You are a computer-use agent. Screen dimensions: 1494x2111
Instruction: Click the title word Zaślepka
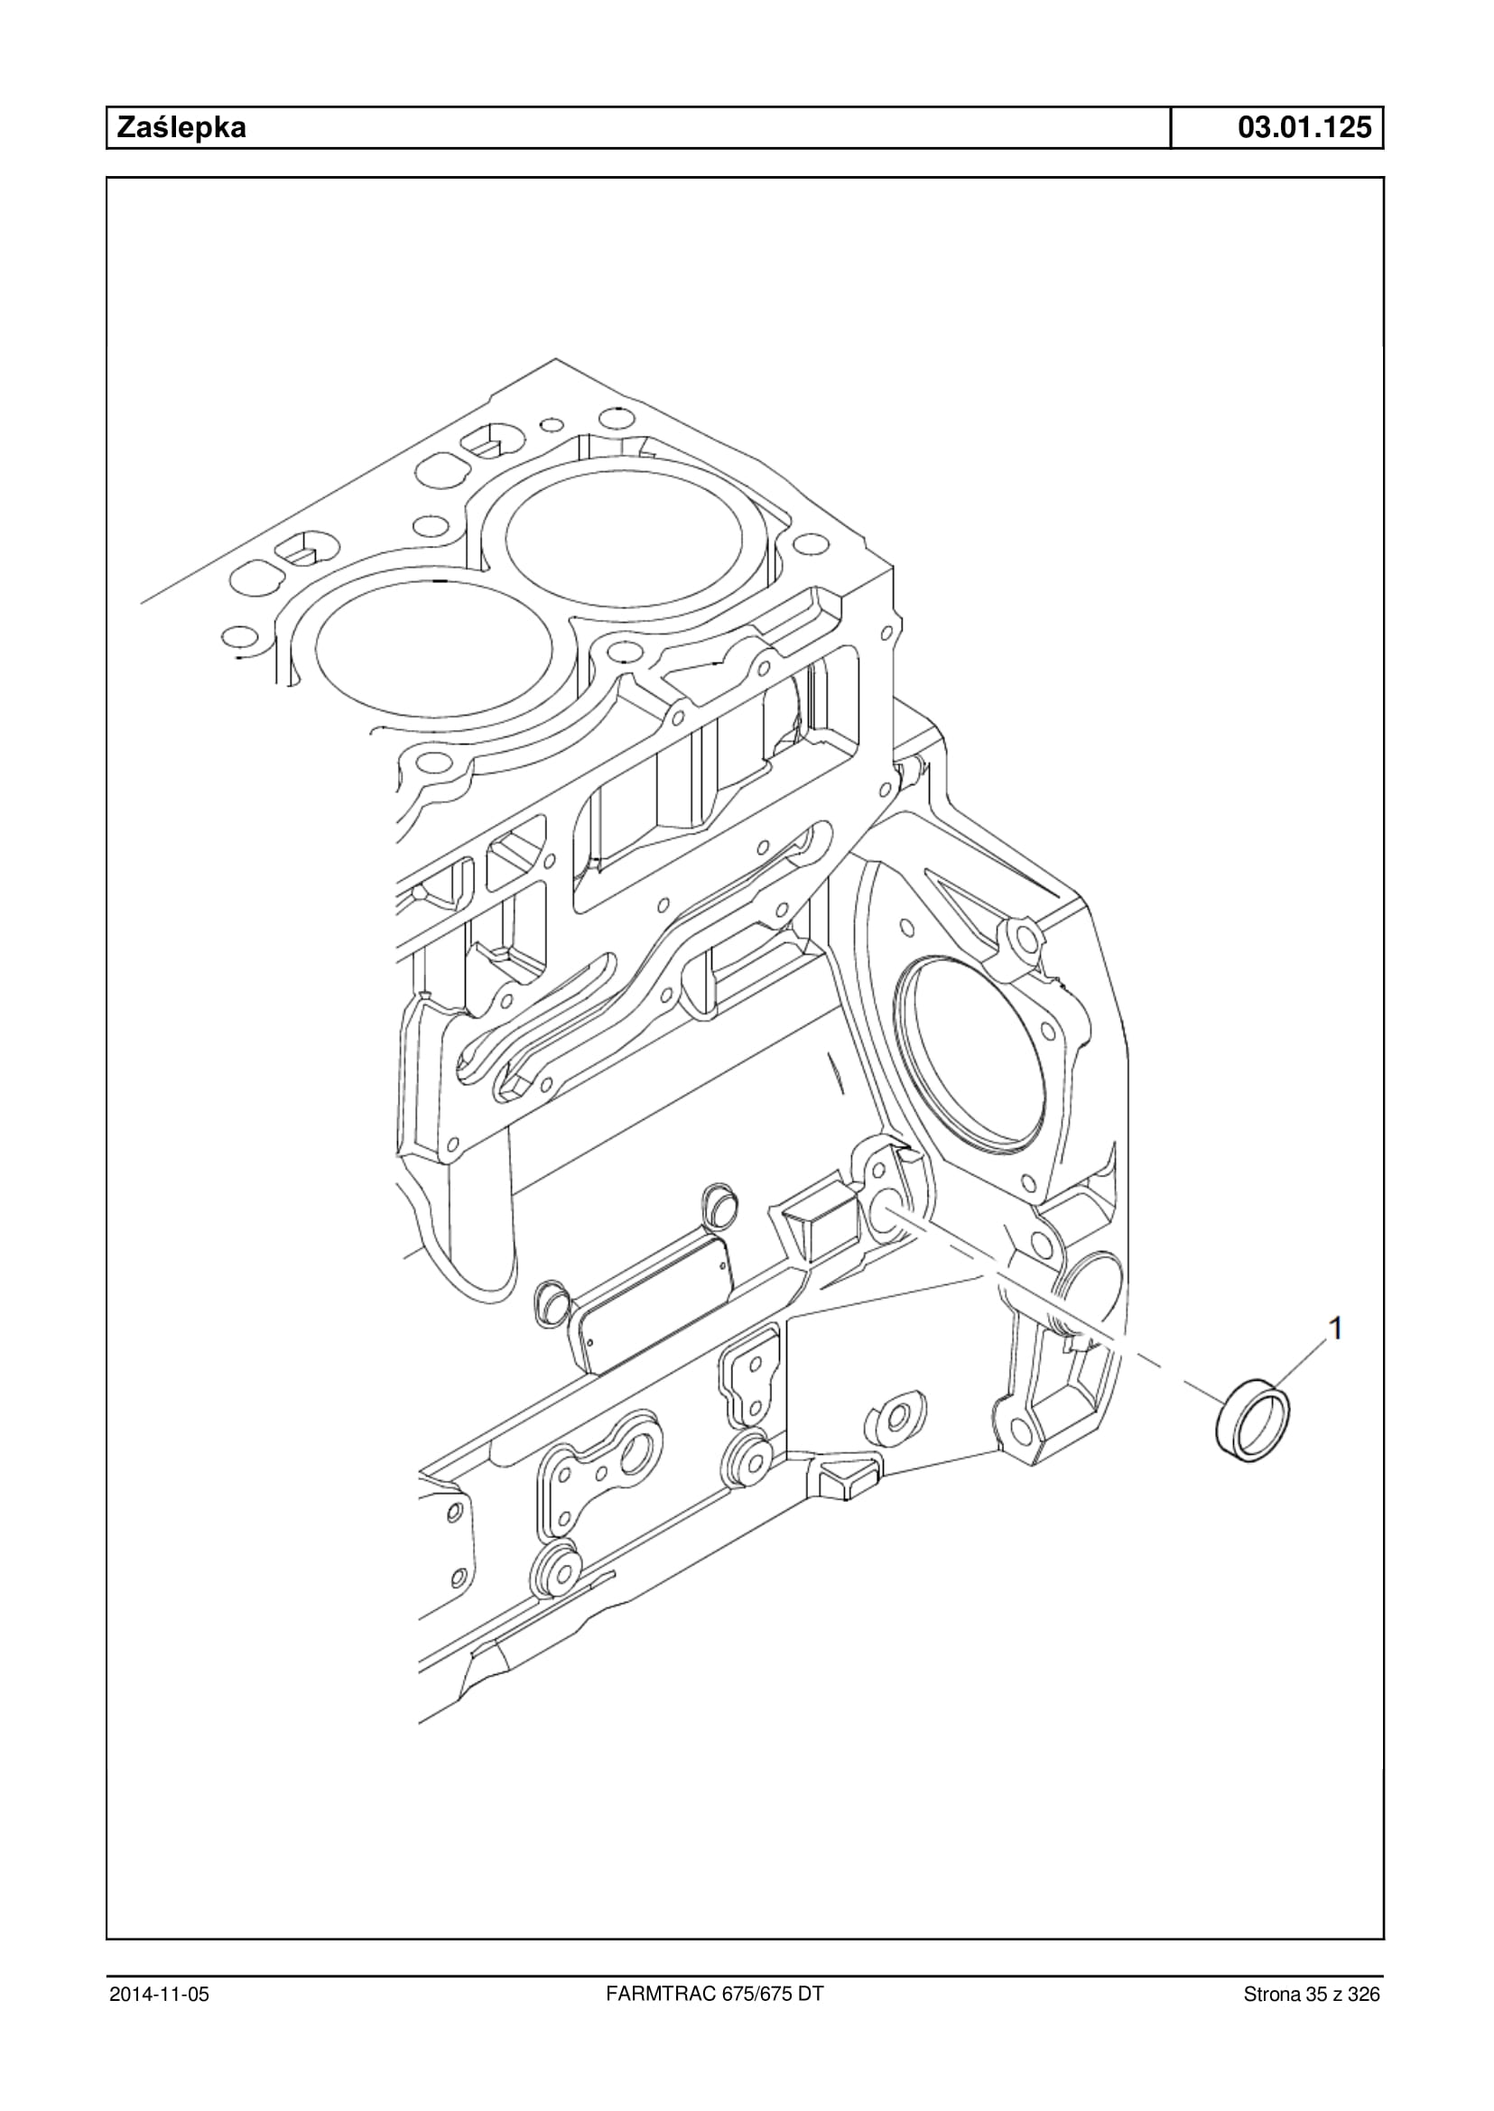[181, 128]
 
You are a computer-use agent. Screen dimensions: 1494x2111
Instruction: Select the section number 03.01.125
[1304, 128]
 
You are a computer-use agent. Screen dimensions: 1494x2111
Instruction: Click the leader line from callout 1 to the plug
[1295, 1365]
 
